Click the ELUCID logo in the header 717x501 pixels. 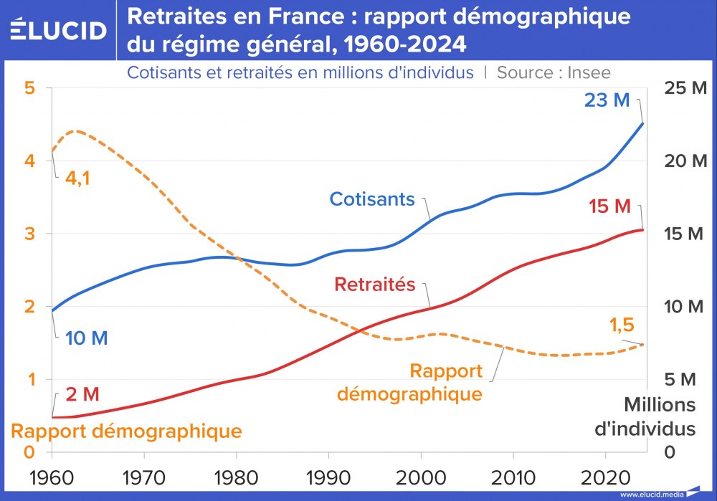(x=59, y=30)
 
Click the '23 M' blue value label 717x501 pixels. (x=607, y=100)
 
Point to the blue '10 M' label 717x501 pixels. (x=86, y=338)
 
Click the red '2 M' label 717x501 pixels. (x=82, y=394)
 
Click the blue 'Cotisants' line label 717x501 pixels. (x=372, y=199)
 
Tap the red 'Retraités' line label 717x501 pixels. (x=375, y=285)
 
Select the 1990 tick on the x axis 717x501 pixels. (x=328, y=477)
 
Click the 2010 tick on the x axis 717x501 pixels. (x=513, y=477)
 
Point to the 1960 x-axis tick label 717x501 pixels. (x=52, y=477)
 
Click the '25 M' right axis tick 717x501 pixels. (x=685, y=89)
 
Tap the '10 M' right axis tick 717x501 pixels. (x=685, y=307)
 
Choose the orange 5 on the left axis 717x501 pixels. (x=29, y=89)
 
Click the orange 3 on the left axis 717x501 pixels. (x=29, y=234)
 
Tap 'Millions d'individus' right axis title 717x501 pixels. (x=659, y=416)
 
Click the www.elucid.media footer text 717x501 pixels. (x=651, y=495)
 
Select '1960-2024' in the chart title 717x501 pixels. (x=406, y=44)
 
